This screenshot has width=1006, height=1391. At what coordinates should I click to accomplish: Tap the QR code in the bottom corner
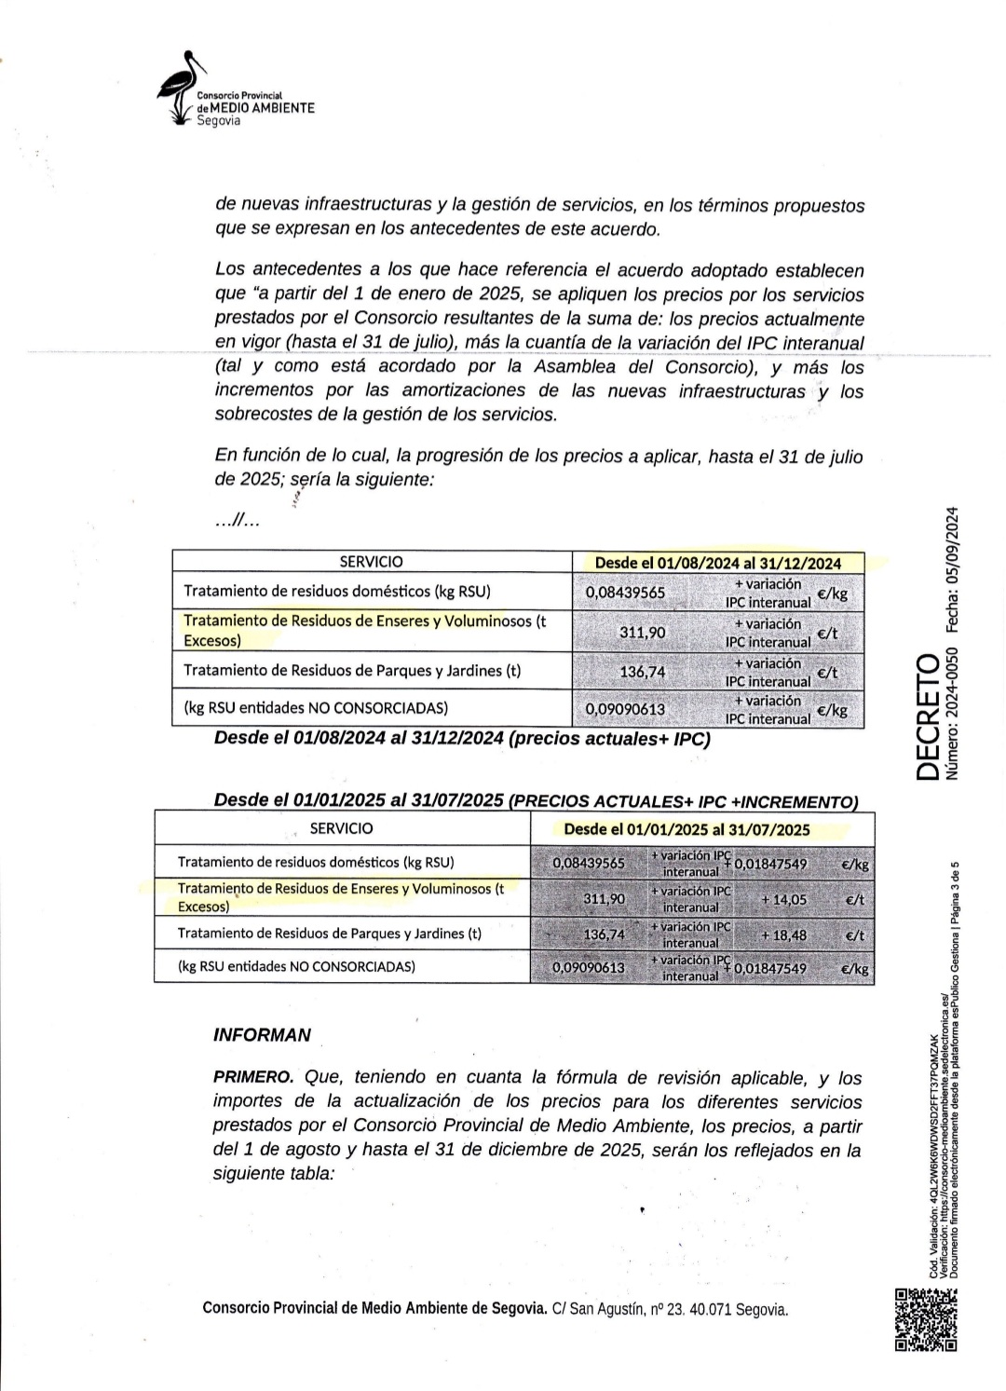(x=925, y=1318)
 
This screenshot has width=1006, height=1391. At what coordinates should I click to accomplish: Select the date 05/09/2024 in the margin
(x=951, y=569)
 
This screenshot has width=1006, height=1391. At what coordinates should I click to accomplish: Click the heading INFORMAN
(x=262, y=1035)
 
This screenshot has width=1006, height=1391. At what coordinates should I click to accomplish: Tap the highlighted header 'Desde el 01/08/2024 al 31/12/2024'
(x=717, y=563)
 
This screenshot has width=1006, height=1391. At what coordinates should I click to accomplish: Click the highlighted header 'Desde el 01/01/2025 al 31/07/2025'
(x=687, y=829)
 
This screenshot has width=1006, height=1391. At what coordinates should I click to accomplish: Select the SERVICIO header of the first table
(x=371, y=562)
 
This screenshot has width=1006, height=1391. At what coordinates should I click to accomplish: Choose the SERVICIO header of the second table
(x=341, y=828)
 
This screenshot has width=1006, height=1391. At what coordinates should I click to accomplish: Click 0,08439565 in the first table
(x=624, y=592)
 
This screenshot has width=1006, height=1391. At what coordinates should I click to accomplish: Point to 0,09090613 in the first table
(x=624, y=709)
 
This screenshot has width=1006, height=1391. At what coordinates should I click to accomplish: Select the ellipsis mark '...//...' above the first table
(x=237, y=522)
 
